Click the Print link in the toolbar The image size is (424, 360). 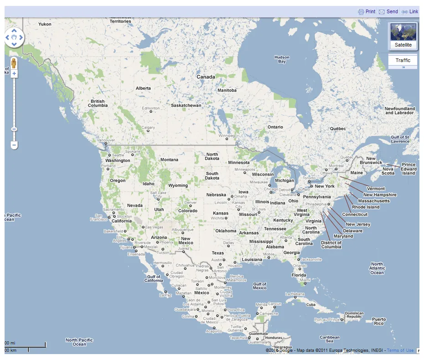(x=367, y=11)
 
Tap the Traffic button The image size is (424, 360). (x=403, y=60)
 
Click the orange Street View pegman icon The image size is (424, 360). (x=14, y=63)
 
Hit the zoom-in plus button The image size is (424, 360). (x=14, y=73)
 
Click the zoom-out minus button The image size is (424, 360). (x=14, y=145)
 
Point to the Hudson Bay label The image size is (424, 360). (x=282, y=59)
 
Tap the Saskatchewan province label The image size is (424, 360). (x=186, y=105)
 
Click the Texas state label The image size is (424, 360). (x=218, y=253)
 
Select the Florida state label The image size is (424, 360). (x=299, y=275)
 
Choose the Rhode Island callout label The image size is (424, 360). (x=366, y=207)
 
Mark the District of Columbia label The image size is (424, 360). (x=331, y=245)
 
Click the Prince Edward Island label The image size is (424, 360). (x=408, y=169)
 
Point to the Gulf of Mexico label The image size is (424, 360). (x=259, y=286)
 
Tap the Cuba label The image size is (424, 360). (x=310, y=304)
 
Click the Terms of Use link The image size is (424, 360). (x=400, y=350)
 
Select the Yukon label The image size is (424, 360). (x=45, y=24)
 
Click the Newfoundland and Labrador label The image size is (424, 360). (x=400, y=110)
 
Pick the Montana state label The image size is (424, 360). (x=169, y=160)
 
